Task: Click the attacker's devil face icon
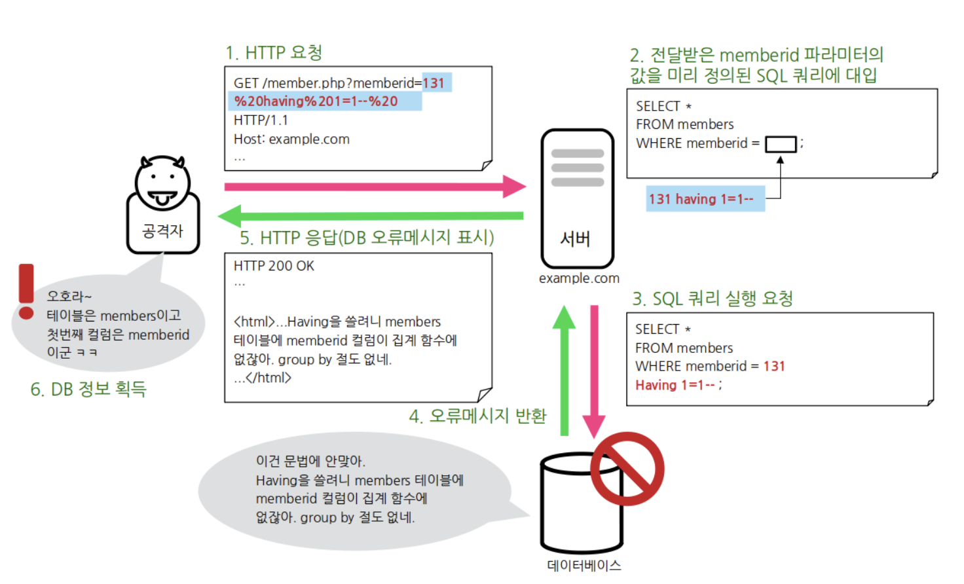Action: pyautogui.click(x=162, y=183)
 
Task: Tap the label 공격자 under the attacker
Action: pyautogui.click(x=162, y=231)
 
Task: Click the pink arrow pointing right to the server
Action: pyautogui.click(x=373, y=187)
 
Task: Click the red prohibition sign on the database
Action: pyautogui.click(x=627, y=469)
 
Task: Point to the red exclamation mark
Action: pyautogui.click(x=26, y=291)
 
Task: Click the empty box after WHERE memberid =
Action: pyautogui.click(x=781, y=144)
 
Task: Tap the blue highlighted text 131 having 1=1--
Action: pyautogui.click(x=701, y=199)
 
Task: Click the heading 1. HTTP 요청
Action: pyautogui.click(x=274, y=52)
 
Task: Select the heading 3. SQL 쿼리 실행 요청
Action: pyautogui.click(x=712, y=299)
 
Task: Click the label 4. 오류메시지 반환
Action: pyautogui.click(x=477, y=416)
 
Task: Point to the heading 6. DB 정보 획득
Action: pyautogui.click(x=88, y=389)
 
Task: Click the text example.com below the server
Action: pyautogui.click(x=579, y=278)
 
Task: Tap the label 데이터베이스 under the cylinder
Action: pyautogui.click(x=584, y=566)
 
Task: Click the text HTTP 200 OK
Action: pyautogui.click(x=274, y=266)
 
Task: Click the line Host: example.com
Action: pyautogui.click(x=291, y=139)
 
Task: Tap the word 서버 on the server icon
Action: pyautogui.click(x=576, y=239)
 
